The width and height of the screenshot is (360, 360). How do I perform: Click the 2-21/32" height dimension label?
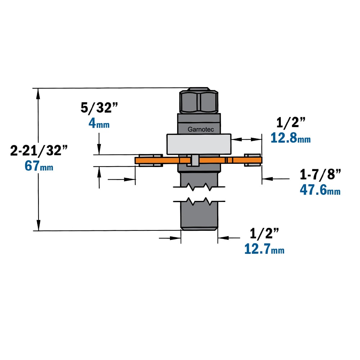(x=39, y=150)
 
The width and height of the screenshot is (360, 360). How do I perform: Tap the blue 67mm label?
(x=39, y=166)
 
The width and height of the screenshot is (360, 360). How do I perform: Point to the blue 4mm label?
(x=99, y=123)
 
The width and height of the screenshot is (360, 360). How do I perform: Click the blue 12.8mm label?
(x=291, y=138)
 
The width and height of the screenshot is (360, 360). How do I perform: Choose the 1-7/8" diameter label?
(x=320, y=175)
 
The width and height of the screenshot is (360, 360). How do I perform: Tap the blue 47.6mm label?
(x=320, y=190)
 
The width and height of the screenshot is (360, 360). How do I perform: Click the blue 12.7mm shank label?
(x=264, y=249)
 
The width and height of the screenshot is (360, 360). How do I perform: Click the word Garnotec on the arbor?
(x=201, y=130)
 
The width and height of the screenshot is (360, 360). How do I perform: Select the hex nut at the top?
(x=199, y=100)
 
